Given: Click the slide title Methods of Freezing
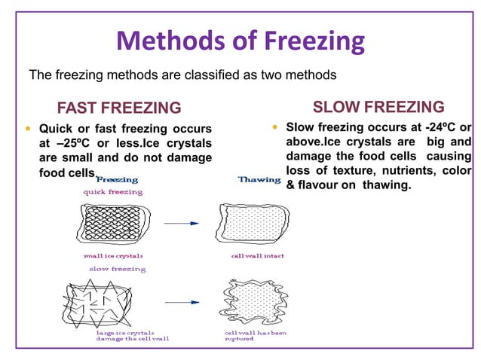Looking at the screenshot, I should [x=240, y=41].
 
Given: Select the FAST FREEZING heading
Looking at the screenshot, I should [x=119, y=107].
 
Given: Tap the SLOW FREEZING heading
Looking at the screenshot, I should [x=378, y=106].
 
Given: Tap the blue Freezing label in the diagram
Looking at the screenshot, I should [x=117, y=180].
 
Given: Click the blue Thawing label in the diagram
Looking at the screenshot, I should [x=259, y=180].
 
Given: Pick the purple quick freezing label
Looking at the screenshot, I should [x=113, y=192].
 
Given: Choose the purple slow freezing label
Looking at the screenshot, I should [x=118, y=268].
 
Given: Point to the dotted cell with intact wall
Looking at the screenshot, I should [x=250, y=223].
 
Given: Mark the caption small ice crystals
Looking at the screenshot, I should [x=113, y=256].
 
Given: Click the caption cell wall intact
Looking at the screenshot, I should [x=257, y=256].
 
